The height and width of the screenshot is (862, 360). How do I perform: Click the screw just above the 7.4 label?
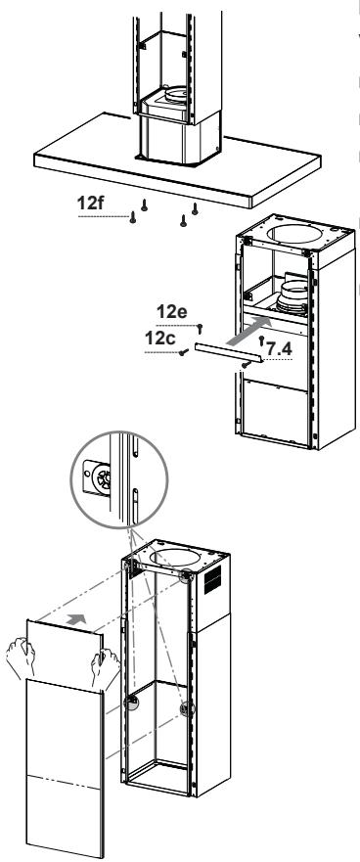tap(259, 339)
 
